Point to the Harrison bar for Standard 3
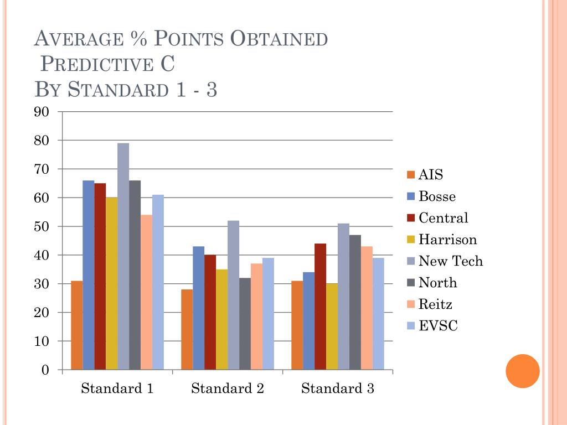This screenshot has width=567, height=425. (332, 326)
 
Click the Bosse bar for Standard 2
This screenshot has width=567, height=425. (198, 308)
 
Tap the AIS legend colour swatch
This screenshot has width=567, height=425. (410, 175)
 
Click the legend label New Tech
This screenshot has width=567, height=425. (450, 261)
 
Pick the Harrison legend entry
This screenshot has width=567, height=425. (447, 240)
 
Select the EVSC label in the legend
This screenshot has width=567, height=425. (438, 326)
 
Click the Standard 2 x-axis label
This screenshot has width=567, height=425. (228, 388)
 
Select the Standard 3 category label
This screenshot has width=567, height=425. (338, 388)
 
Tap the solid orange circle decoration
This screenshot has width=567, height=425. (523, 371)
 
